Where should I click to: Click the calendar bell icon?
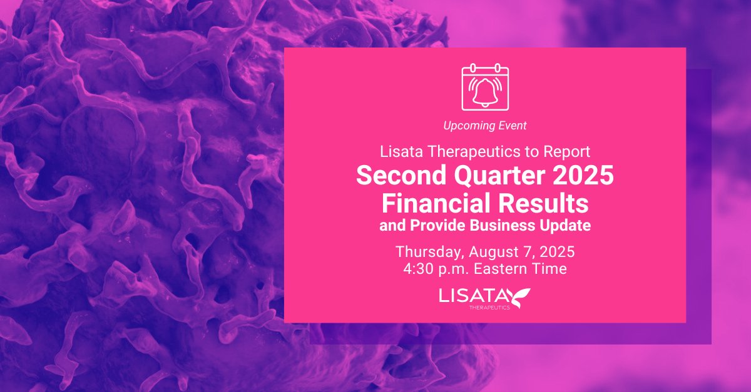(x=485, y=87)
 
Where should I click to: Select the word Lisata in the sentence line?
(x=399, y=151)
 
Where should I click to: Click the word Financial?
(x=438, y=203)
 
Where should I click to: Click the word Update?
(x=567, y=226)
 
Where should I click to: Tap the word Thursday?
(x=426, y=253)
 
